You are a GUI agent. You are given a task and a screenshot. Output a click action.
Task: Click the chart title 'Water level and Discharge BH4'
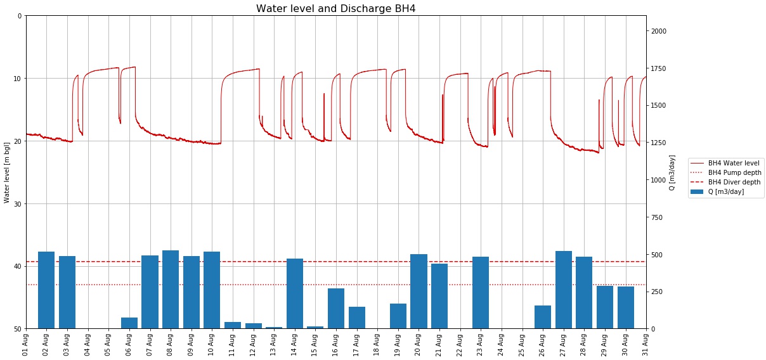(x=335, y=8)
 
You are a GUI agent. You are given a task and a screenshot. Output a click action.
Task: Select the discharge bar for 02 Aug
(x=46, y=290)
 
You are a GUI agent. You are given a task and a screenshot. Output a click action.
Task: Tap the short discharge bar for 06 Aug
(x=129, y=323)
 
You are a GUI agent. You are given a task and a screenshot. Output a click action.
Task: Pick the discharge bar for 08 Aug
(x=171, y=289)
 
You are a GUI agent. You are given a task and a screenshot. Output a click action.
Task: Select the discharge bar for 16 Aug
(x=336, y=308)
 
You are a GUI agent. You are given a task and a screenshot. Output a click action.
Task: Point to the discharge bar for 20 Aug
(x=419, y=291)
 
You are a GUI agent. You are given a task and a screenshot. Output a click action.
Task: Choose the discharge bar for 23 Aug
(x=481, y=292)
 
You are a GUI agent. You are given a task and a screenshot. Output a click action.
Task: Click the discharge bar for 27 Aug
(x=564, y=290)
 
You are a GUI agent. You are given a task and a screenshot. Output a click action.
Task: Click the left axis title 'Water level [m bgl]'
(x=7, y=172)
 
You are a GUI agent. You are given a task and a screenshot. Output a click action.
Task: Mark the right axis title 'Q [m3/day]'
(x=672, y=172)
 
